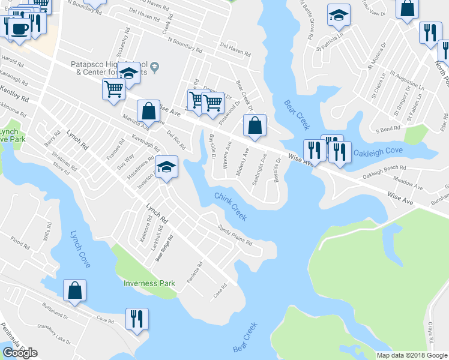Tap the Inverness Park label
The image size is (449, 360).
149,283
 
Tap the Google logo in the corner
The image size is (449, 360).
20,353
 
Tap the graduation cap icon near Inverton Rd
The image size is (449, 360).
166,167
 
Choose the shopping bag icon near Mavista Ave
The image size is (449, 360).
148,111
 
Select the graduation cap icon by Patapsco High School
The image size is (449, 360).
128,73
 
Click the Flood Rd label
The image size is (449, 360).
20,242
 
